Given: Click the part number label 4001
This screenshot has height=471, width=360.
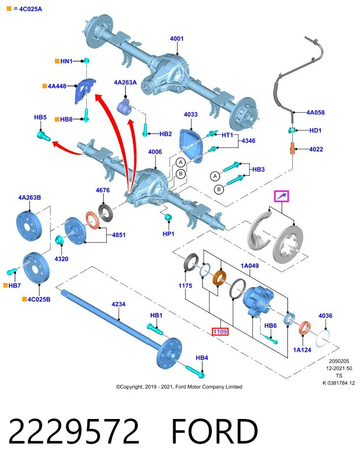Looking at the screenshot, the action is click(177, 38).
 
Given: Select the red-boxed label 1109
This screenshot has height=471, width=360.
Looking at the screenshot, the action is click(220, 332).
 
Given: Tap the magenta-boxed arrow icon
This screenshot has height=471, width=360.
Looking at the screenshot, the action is click(282, 196).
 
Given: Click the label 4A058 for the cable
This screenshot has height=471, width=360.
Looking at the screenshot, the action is click(315, 112).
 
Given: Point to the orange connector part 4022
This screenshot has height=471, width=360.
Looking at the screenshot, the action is click(292, 149).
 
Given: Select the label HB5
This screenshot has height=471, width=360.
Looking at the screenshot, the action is click(40, 117).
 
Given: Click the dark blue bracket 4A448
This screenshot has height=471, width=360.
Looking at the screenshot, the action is click(84, 91).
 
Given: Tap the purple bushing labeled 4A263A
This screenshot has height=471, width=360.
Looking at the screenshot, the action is click(124, 106).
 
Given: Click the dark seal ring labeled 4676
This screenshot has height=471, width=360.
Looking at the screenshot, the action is click(105, 212).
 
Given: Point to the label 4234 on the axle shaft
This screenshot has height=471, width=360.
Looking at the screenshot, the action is click(118, 304).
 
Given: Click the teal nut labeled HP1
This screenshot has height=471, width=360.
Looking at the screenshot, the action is click(169, 217).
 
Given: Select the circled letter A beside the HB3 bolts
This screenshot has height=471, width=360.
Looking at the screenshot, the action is click(215, 176).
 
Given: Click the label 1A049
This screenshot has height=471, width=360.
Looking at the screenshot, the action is click(250, 265).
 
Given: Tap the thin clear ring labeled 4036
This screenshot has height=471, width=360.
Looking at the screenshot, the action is click(323, 338).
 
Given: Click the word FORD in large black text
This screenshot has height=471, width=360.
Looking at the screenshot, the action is click(214, 431).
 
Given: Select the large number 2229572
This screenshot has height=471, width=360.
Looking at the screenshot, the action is click(74, 431).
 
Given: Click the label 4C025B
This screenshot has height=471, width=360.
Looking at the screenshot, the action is click(39, 299).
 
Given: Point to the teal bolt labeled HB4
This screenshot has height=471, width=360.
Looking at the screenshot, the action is click(195, 371).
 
